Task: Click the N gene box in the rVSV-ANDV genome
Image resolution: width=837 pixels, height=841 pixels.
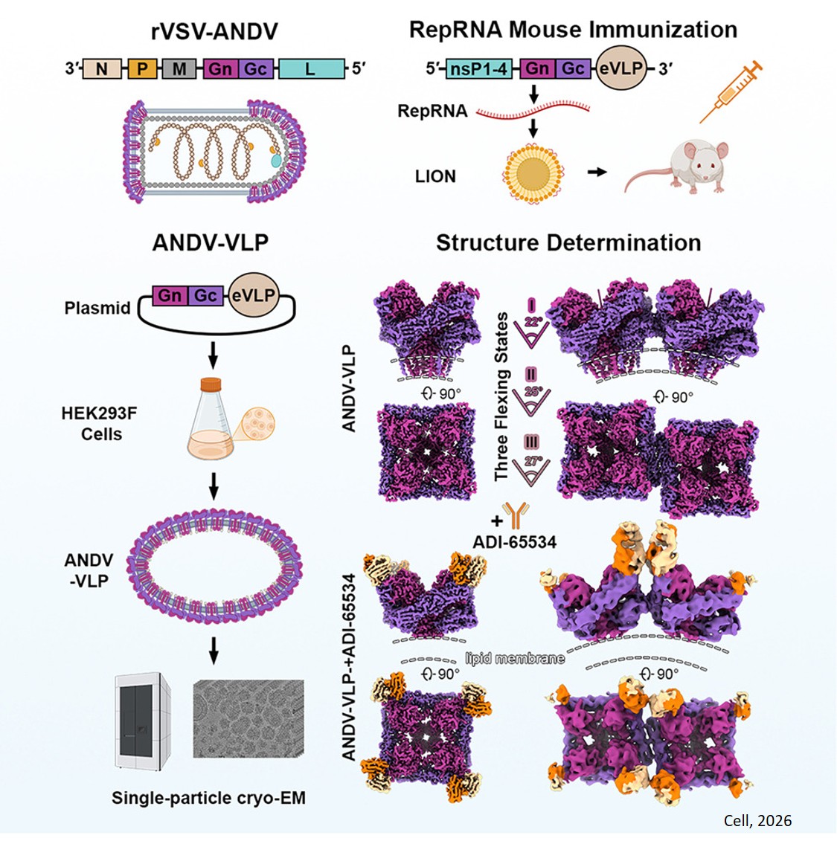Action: pyautogui.click(x=102, y=69)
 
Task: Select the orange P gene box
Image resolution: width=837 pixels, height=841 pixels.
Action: pyautogui.click(x=143, y=69)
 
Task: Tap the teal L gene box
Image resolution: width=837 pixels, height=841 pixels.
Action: pyautogui.click(x=311, y=69)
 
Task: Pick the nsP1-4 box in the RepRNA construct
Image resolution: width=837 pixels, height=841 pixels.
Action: pyautogui.click(x=479, y=69)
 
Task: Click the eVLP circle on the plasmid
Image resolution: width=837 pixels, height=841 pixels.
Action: pyautogui.click(x=253, y=296)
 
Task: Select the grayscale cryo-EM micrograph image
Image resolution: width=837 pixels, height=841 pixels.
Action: pyautogui.click(x=248, y=718)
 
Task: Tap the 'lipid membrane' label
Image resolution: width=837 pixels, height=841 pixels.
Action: pyautogui.click(x=514, y=658)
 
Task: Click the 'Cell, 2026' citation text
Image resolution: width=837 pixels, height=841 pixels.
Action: pyautogui.click(x=757, y=821)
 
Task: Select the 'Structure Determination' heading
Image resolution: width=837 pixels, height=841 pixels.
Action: pyautogui.click(x=568, y=243)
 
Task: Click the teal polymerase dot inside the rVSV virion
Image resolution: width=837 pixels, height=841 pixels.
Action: pyautogui.click(x=275, y=159)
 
